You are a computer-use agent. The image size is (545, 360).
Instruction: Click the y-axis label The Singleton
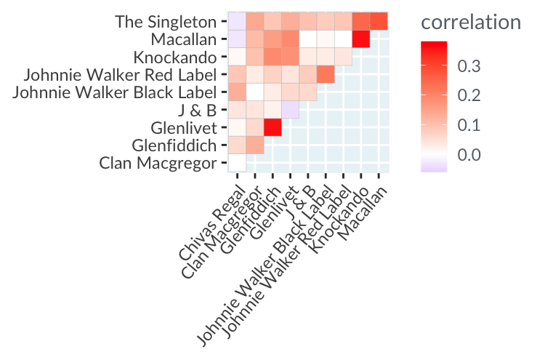165,22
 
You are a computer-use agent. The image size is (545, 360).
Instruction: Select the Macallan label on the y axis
183,39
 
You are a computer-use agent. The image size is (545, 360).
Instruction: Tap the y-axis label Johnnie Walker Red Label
120,75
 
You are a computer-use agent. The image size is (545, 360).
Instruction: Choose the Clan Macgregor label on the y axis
156,163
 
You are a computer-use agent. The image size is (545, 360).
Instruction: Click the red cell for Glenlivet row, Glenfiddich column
272,127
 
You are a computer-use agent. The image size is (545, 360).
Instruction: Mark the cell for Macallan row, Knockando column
360,39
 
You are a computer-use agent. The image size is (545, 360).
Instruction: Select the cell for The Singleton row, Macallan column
378,22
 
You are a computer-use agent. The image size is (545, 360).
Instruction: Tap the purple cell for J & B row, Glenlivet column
290,110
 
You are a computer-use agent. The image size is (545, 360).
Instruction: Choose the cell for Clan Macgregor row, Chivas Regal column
237,163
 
